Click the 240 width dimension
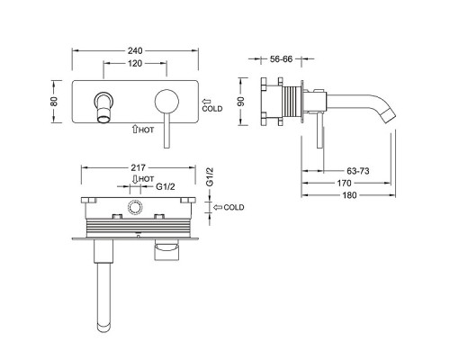coord(135,51)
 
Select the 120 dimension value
coord(135,64)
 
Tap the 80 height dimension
coord(54,102)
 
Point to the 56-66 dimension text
coord(281,59)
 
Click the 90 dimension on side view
coord(241,102)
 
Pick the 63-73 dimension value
coord(358,171)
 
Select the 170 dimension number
coord(344,183)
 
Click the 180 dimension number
coord(350,195)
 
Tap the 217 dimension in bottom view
coord(138,167)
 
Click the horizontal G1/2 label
coord(166,186)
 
